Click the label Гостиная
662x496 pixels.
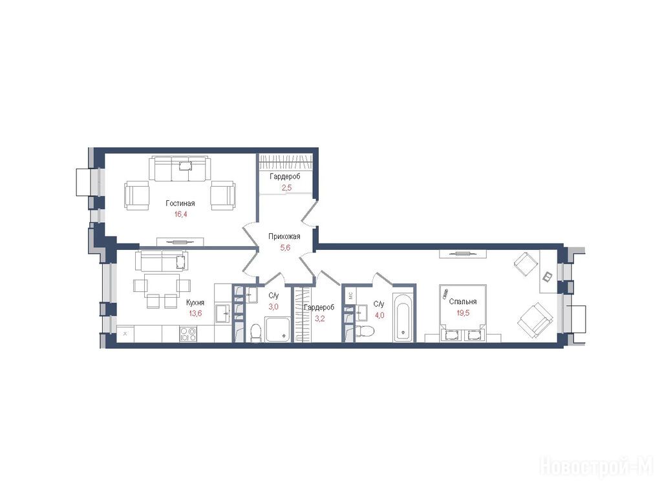pyautogui.click(x=180, y=203)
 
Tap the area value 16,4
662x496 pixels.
pyautogui.click(x=181, y=214)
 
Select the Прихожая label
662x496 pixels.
pyautogui.click(x=284, y=236)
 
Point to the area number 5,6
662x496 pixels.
pyautogui.click(x=285, y=247)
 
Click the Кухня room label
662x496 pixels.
pyautogui.click(x=195, y=302)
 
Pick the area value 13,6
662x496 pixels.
pyautogui.click(x=195, y=313)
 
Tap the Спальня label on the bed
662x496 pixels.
pyautogui.click(x=463, y=302)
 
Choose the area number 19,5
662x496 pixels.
pyautogui.click(x=463, y=313)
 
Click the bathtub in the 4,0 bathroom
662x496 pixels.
pyautogui.click(x=403, y=316)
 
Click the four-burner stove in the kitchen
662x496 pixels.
pyautogui.click(x=188, y=334)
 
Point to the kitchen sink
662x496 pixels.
pyautogui.click(x=222, y=313)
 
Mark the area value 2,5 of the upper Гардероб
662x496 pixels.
pyautogui.click(x=286, y=188)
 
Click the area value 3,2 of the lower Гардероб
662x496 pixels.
pyautogui.click(x=320, y=318)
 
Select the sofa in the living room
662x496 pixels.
pyautogui.click(x=180, y=169)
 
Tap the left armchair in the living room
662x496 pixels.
pyautogui.click(x=137, y=195)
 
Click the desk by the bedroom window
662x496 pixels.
pyautogui.click(x=548, y=271)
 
